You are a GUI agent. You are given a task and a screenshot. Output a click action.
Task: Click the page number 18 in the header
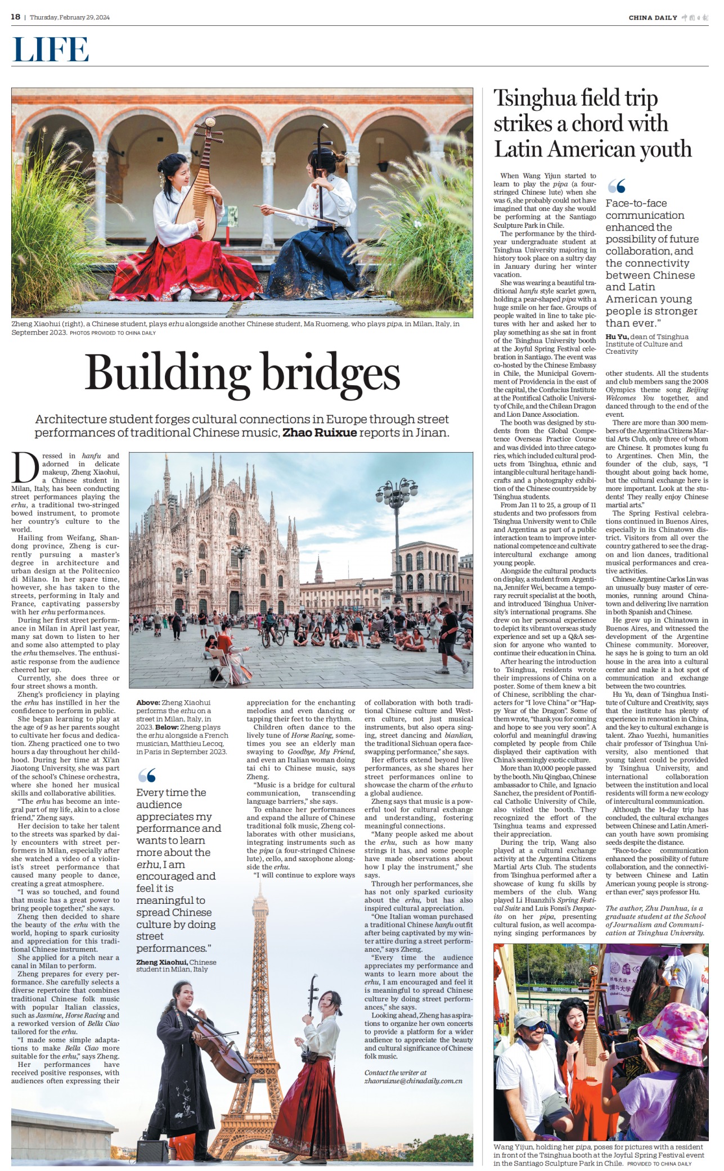click(x=16, y=17)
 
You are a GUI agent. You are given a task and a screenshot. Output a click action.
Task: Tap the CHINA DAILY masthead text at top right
click(x=653, y=17)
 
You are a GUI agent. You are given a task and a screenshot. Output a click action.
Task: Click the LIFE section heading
click(x=51, y=49)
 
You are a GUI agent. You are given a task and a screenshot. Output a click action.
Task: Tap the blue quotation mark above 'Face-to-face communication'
click(x=617, y=186)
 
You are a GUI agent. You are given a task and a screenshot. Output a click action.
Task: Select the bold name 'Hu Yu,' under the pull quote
click(x=617, y=336)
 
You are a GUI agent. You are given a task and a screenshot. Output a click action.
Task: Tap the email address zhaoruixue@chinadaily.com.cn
click(x=413, y=1080)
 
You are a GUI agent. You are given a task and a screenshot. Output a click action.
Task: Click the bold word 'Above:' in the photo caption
click(x=148, y=702)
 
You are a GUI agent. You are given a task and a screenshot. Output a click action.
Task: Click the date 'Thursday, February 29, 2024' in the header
click(x=70, y=17)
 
